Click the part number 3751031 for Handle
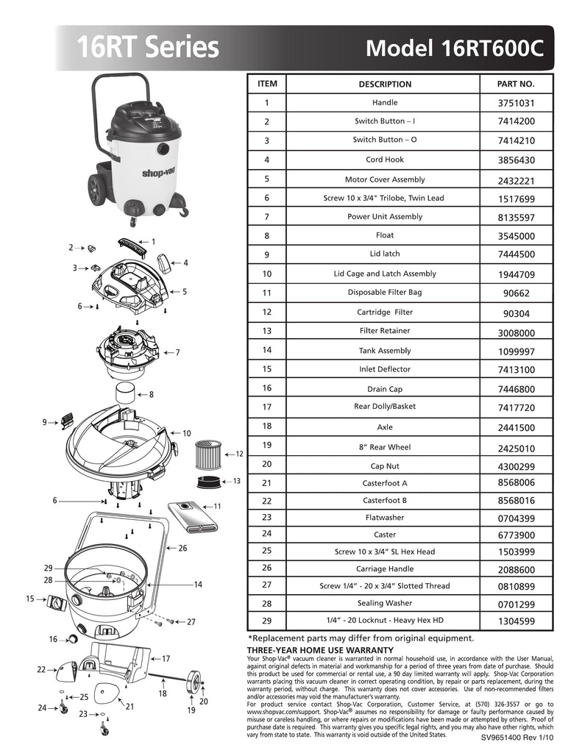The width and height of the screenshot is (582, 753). (516, 104)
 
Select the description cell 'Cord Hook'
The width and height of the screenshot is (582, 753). (385, 160)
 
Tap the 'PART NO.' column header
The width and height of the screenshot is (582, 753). (516, 84)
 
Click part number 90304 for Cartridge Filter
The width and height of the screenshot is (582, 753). (516, 313)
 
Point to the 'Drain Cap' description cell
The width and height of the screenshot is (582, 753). (385, 388)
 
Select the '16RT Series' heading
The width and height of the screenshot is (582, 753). (148, 48)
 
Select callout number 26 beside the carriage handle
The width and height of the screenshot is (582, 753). (182, 548)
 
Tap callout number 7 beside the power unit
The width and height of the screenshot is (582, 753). (177, 353)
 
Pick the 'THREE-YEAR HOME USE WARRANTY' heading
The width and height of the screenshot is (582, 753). (320, 650)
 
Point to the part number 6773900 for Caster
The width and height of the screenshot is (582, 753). (516, 535)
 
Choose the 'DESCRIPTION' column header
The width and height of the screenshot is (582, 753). (385, 84)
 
